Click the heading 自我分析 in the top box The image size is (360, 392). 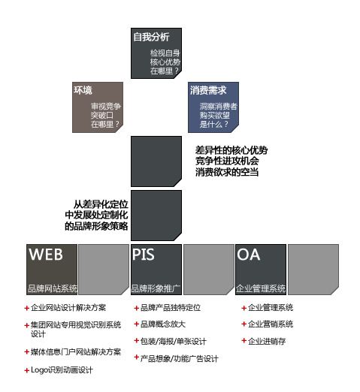pos(151,37)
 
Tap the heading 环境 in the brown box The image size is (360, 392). pos(83,90)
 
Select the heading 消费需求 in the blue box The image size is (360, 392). pos(208,90)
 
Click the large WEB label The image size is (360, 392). pos(46,255)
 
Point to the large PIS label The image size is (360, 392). pos(144,255)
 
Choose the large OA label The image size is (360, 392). pos(249,255)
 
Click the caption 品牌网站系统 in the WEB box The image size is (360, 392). pos(53,288)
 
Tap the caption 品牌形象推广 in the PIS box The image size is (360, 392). pos(156,288)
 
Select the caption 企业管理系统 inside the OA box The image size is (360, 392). pos(261,288)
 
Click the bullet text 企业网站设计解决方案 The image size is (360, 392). pos(68,308)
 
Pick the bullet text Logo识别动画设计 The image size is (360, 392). pos(62,370)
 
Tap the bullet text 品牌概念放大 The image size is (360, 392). pos(163,324)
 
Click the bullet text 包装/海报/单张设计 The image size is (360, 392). pos(173,341)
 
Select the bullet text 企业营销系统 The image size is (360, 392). pos(271,324)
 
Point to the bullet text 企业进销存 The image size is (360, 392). pos(267,341)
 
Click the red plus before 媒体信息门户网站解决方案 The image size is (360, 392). pos(27,352)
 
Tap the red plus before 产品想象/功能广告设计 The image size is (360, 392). pos(137,357)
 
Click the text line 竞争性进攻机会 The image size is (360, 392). pos(227,161)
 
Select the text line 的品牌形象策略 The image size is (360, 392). pos(96,226)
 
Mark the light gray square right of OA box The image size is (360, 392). pos(313,270)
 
